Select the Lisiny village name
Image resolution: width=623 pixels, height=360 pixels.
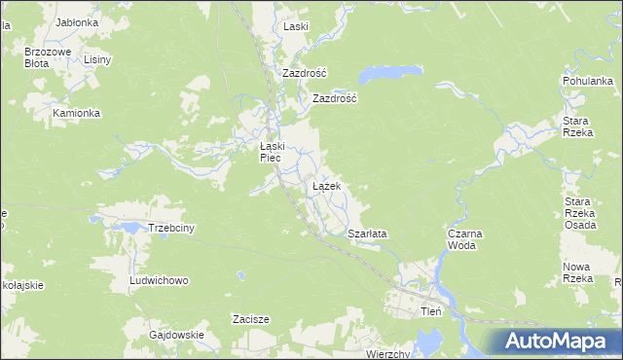tap(97, 59)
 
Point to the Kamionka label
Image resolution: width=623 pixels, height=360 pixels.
tap(77, 113)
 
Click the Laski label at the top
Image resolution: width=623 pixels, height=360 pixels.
tap(295, 27)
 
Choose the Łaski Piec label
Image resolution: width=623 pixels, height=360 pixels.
tap(271, 152)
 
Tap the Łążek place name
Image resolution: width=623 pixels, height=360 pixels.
tap(325, 185)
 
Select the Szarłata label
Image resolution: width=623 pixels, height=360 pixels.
tap(367, 234)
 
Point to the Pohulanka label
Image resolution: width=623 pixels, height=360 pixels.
tap(587, 81)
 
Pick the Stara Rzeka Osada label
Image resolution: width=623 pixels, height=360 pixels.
tap(581, 213)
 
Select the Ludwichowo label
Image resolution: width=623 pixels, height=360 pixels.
tap(159, 280)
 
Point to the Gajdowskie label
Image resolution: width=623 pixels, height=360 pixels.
tap(176, 335)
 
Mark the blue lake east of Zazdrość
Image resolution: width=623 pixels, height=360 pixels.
tap(390, 74)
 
